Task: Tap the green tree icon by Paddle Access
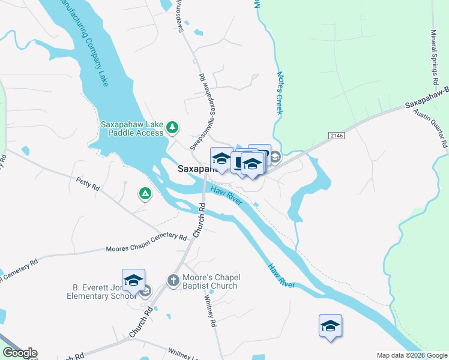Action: click(173, 127)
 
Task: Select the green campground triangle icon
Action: click(145, 193)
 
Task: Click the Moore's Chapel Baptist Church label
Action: click(210, 281)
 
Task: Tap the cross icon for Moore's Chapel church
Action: click(173, 280)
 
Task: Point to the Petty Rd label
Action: click(88, 184)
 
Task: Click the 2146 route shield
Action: click(337, 136)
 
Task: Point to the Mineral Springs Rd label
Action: click(435, 58)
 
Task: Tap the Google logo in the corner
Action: click(20, 353)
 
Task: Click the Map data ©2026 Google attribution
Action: click(412, 355)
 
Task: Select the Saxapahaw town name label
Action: click(193, 169)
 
